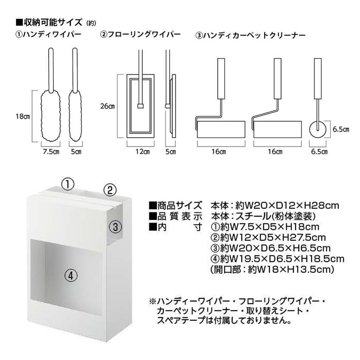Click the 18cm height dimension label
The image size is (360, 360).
tap(22, 117)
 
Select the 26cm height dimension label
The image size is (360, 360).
tap(108, 107)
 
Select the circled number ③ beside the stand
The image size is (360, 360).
tap(115, 227)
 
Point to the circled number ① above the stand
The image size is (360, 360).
tap(67, 183)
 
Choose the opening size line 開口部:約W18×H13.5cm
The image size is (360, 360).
tap(271, 270)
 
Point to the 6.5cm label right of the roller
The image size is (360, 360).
tap(341, 129)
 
